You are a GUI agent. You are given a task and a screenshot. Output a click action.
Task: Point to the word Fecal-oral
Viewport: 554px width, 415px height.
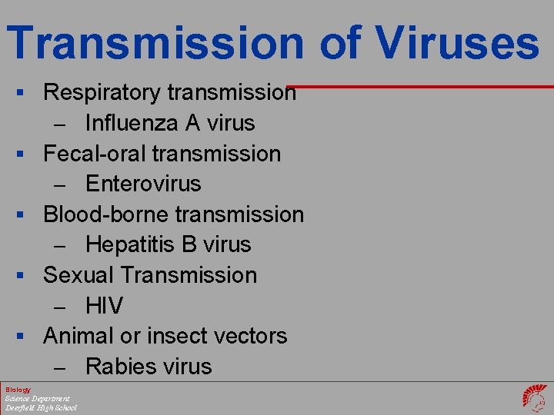(95, 154)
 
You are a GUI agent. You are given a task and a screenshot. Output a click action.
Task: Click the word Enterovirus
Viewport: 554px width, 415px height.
(143, 184)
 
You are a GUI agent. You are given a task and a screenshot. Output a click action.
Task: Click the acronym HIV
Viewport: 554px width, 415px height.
(104, 306)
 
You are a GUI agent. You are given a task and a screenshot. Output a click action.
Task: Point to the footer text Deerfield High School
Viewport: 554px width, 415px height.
(41, 407)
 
